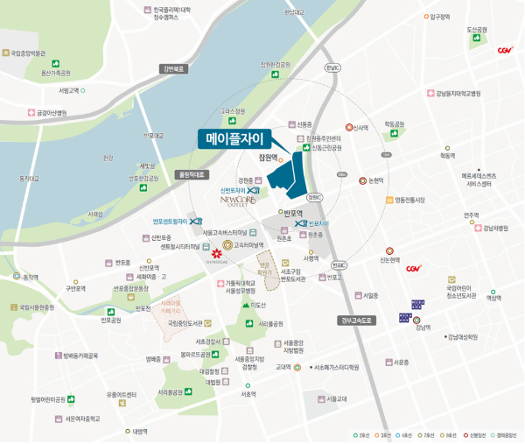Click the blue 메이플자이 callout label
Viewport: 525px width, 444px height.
click(234, 138)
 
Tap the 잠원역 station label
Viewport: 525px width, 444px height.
click(267, 159)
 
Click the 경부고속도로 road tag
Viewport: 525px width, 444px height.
click(358, 321)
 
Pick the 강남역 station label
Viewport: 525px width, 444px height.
click(423, 328)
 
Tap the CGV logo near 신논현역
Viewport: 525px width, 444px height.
click(413, 269)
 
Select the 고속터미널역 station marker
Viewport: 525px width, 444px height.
click(227, 245)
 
